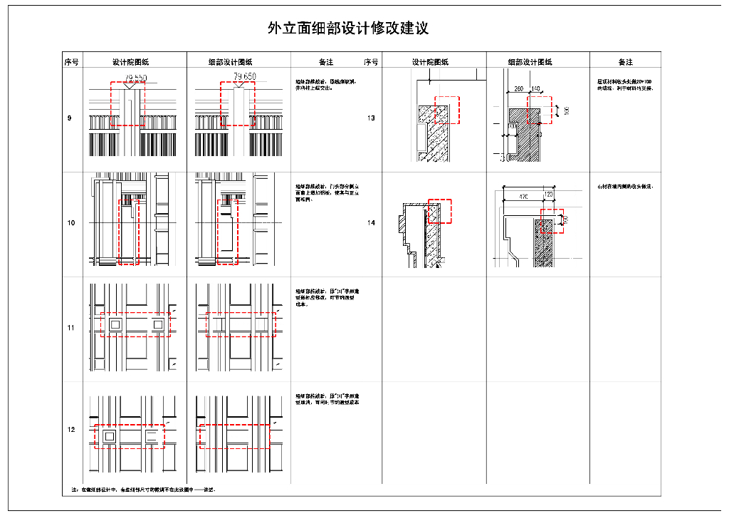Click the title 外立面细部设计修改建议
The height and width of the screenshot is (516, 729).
[x=348, y=29]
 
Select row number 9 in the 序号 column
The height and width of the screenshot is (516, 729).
[x=70, y=118]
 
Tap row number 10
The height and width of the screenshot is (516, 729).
[x=71, y=223]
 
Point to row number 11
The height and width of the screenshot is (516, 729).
[x=71, y=328]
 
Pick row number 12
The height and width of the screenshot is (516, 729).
[x=71, y=430]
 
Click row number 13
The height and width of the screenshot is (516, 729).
[x=371, y=118]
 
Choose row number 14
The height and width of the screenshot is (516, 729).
[x=371, y=223]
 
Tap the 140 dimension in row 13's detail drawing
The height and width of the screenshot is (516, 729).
[x=535, y=89]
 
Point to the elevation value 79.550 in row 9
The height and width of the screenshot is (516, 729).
[x=135, y=77]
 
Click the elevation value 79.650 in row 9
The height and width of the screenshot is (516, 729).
[x=244, y=76]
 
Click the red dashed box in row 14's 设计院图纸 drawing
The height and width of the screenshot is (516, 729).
[x=440, y=211]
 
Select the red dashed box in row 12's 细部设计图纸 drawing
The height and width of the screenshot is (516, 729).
[x=235, y=436]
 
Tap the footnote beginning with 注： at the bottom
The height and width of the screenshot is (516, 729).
[x=143, y=490]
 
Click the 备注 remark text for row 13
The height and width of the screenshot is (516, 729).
[x=625, y=85]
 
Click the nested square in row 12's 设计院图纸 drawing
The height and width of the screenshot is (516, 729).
[x=110, y=435]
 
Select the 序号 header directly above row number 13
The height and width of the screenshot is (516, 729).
[x=371, y=62]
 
